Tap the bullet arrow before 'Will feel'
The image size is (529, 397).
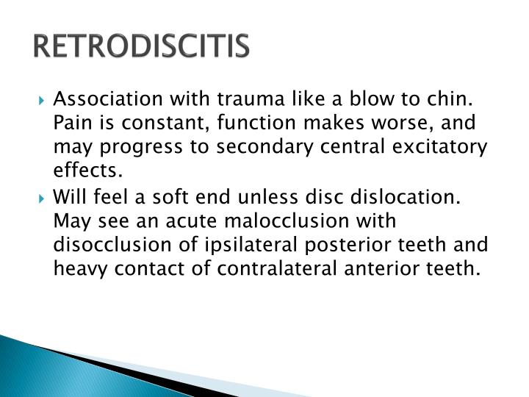point(44,198)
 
